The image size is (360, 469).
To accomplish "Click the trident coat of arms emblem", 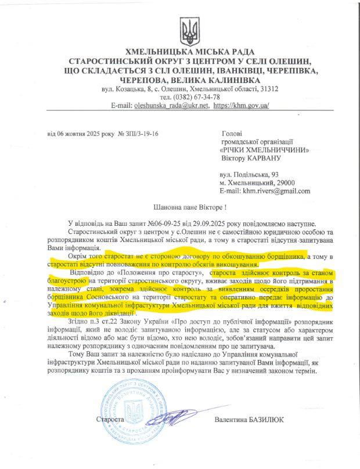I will (x=188, y=29).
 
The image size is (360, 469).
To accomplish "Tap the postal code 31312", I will (x=267, y=89).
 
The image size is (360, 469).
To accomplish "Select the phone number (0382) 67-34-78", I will (x=197, y=98).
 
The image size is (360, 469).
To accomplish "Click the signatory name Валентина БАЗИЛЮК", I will (x=249, y=419).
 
